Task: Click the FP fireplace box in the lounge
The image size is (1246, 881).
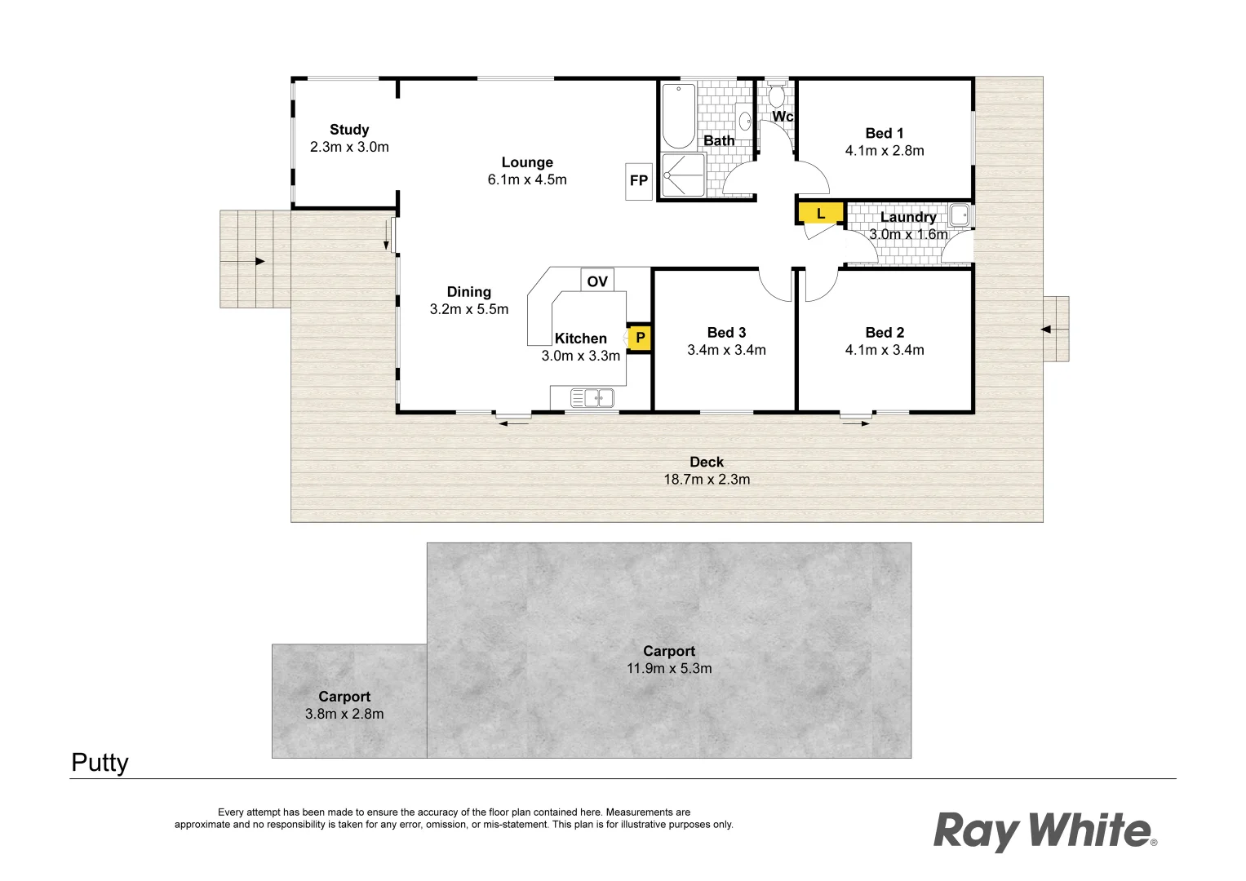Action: [639, 181]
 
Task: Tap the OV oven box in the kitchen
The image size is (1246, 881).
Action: [597, 281]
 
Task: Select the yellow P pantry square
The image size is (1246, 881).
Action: [640, 338]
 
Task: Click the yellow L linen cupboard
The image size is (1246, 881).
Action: [820, 214]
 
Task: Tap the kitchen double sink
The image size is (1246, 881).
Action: [592, 398]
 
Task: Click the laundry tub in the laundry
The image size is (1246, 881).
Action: [959, 215]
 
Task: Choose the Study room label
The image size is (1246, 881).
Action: [349, 130]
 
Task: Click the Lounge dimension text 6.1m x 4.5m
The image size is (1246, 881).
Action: [527, 179]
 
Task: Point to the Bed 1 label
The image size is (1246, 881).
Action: [885, 133]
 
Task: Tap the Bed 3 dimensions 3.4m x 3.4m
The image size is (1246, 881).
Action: [726, 350]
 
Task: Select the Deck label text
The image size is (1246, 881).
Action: [707, 462]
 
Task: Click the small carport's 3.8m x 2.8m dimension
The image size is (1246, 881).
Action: [344, 714]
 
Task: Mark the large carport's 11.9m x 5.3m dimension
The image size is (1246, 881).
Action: [669, 668]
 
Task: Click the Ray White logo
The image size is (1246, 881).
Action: [1044, 830]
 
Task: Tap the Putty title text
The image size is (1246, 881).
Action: [100, 763]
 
